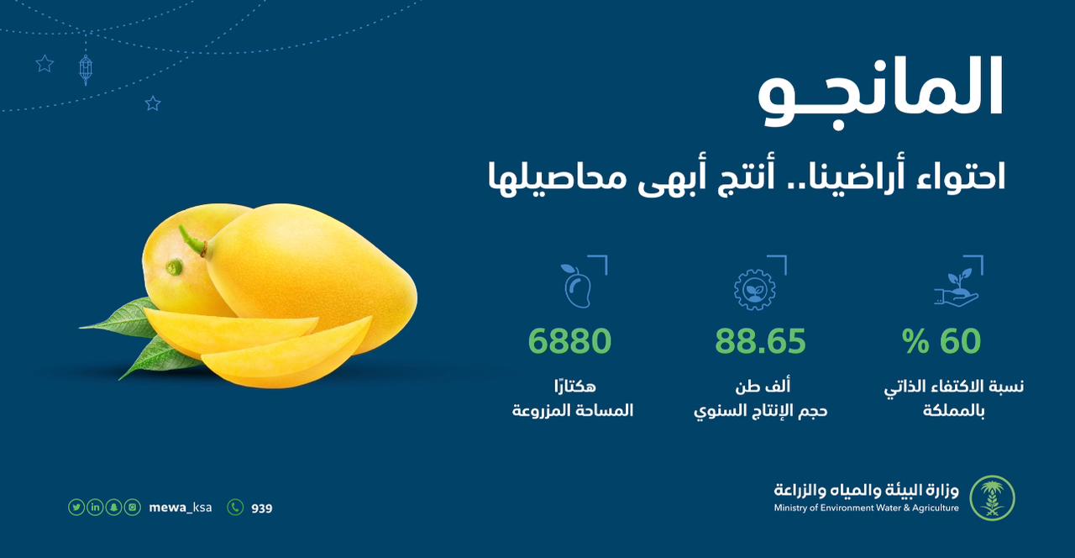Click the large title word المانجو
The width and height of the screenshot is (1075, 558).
(x=881, y=93)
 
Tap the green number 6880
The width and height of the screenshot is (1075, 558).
(x=569, y=341)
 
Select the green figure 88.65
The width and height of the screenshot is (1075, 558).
(x=760, y=341)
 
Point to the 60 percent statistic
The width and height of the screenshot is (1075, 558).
(x=941, y=341)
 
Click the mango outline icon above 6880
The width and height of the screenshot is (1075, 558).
(x=577, y=286)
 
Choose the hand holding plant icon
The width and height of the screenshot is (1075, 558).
(x=956, y=287)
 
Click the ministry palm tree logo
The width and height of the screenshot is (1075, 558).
(x=992, y=498)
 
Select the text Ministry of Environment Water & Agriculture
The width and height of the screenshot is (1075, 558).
(x=866, y=508)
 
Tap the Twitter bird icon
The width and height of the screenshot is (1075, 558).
(x=76, y=507)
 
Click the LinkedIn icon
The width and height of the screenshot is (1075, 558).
(x=95, y=507)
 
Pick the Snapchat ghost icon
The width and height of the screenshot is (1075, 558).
(x=113, y=507)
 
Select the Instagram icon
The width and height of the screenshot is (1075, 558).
(x=133, y=507)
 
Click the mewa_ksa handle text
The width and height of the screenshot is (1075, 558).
(x=181, y=508)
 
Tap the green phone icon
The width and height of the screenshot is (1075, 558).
(x=235, y=507)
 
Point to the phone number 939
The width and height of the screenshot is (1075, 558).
(x=261, y=508)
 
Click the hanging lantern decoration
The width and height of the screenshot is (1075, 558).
(x=86, y=70)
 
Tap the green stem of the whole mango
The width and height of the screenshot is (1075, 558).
(x=192, y=240)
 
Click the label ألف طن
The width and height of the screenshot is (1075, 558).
(x=763, y=386)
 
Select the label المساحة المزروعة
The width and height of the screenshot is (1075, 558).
(x=573, y=411)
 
